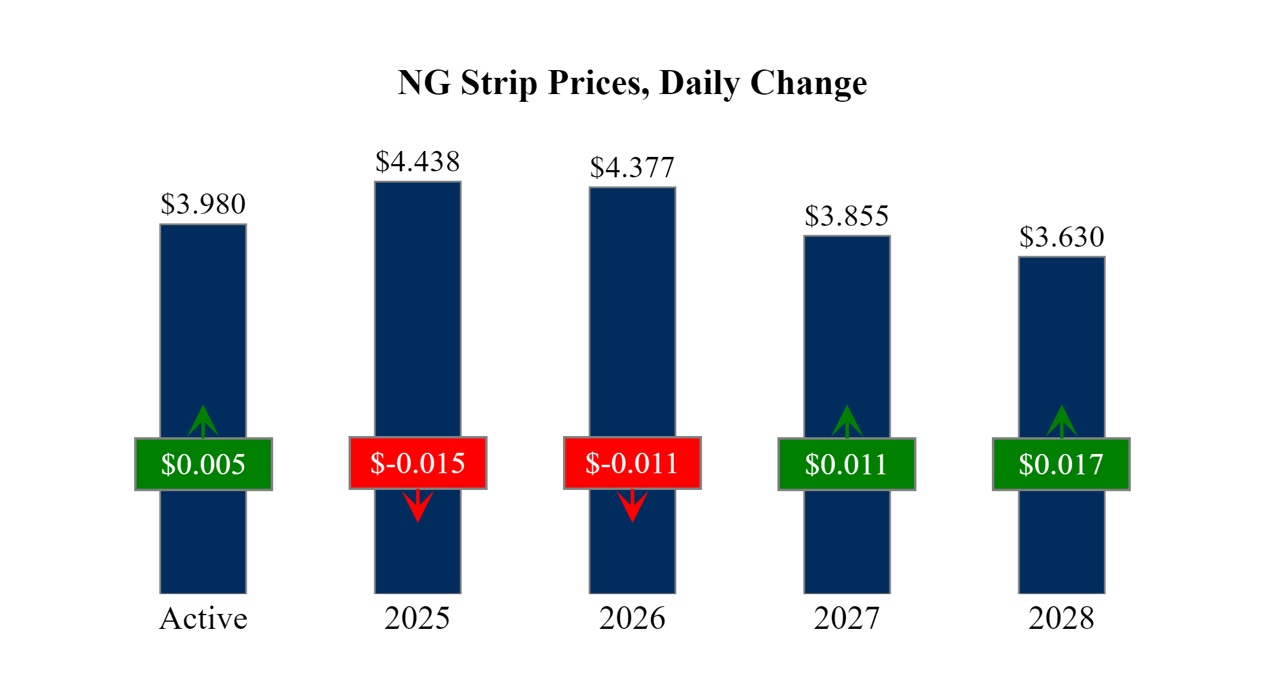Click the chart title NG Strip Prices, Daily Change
coord(632,83)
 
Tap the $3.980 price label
coord(203,204)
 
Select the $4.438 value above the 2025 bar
coord(417,162)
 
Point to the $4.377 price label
coord(632,168)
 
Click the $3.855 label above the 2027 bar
coord(846,216)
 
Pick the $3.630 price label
coord(1061,237)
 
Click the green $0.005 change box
coord(203,464)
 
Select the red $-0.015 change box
coord(417,463)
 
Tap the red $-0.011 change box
coord(632,463)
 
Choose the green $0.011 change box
coord(846,464)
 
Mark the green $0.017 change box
coord(1061,464)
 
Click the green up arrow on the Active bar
coord(203,421)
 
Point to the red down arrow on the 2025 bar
coord(417,506)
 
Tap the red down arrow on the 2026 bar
coord(632,506)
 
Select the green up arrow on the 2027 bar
coord(846,421)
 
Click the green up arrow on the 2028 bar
coord(1061,421)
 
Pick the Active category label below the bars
coord(203,618)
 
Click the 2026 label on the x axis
coord(632,618)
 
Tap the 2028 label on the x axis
coord(1061,618)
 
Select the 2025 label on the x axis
coord(417,618)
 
